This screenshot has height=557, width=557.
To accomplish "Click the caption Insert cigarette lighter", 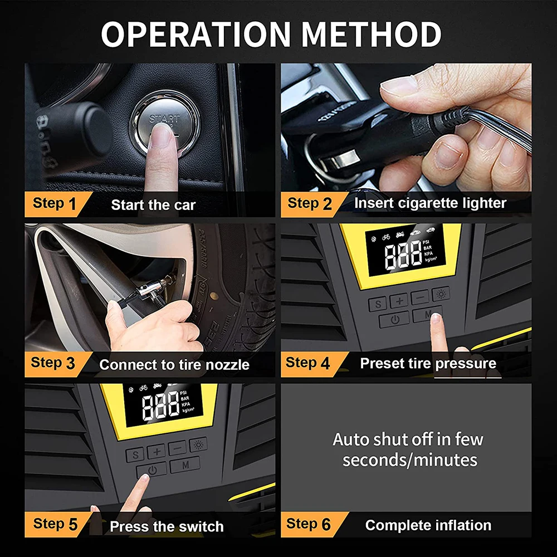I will [x=430, y=203].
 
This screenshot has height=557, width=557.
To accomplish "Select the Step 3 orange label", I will [x=53, y=364].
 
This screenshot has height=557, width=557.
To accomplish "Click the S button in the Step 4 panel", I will [x=377, y=304].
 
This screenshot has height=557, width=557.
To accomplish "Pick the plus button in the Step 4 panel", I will [x=399, y=301].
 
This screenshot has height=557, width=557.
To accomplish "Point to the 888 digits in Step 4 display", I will [x=403, y=255].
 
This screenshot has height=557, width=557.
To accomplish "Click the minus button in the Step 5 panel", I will [x=178, y=448].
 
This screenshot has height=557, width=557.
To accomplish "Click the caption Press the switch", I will [x=167, y=526].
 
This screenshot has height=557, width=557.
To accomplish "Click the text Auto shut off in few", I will [x=408, y=439].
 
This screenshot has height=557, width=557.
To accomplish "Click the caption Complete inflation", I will [x=428, y=525].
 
